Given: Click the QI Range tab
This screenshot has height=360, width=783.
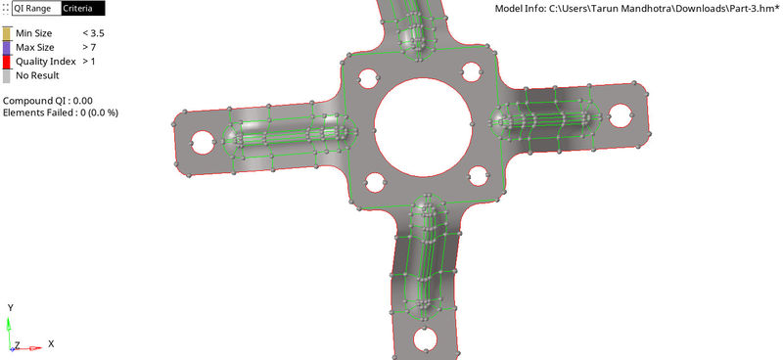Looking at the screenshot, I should pos(34,8).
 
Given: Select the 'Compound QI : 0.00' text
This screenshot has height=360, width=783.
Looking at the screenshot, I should pos(48,100).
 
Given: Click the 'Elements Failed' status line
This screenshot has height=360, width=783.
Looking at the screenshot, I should pos(61,112).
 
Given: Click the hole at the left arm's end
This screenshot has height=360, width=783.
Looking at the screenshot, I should pos(201,141).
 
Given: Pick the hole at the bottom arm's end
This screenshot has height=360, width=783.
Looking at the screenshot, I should pos(425,338).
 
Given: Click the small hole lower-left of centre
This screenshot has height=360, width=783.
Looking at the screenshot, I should pos(374,183).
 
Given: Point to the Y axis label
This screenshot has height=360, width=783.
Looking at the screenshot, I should pos(9,307).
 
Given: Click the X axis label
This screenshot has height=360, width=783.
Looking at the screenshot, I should pos(50,344).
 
